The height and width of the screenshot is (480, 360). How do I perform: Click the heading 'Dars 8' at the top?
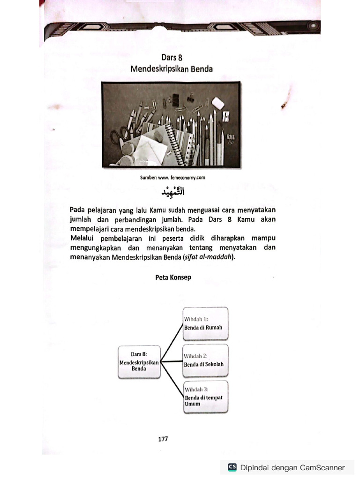pyautogui.click(x=172, y=58)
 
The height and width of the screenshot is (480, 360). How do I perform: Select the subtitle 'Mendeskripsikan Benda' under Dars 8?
pyautogui.click(x=172, y=69)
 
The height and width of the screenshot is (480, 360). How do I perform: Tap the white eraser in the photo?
pyautogui.click(x=218, y=102)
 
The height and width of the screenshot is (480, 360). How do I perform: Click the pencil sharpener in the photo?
pyautogui.click(x=226, y=117)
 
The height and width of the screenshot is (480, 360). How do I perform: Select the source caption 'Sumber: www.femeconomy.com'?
pyautogui.click(x=172, y=178)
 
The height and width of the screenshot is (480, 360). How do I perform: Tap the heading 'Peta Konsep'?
pyautogui.click(x=173, y=277)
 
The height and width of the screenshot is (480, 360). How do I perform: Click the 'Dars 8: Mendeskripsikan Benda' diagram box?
pyautogui.click(x=139, y=362)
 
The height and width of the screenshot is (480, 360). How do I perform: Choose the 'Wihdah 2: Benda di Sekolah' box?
pyautogui.click(x=206, y=360)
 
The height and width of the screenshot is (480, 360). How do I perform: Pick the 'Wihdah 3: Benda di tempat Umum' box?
pyautogui.click(x=206, y=397)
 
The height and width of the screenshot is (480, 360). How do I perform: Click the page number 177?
pyautogui.click(x=163, y=439)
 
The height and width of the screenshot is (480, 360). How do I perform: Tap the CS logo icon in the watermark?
pyautogui.click(x=232, y=467)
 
